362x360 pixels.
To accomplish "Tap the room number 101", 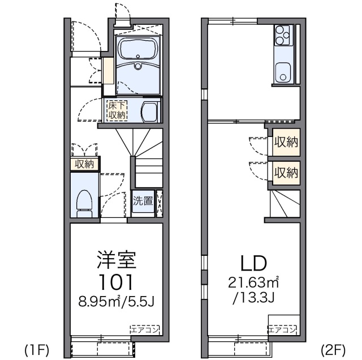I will click(x=116, y=282).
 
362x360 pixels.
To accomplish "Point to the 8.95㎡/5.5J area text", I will click(x=116, y=301).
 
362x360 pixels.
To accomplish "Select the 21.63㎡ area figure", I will click(x=253, y=281).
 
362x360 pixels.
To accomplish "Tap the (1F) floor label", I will click(x=35, y=347).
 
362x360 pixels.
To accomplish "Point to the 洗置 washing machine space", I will click(x=143, y=200).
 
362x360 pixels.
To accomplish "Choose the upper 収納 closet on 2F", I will click(x=286, y=142).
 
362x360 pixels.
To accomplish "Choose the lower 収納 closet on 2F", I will click(x=286, y=172).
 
